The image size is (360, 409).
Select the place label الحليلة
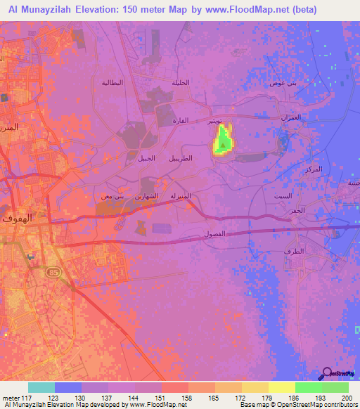pos(181,83)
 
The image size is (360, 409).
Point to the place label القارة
pos(181,121)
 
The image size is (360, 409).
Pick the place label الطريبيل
pos(182,158)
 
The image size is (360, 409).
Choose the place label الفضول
pos(214,233)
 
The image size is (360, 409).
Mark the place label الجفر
pos(297,210)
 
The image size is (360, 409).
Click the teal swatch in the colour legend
pos(41,387)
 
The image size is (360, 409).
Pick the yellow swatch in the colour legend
pos(281,387)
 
